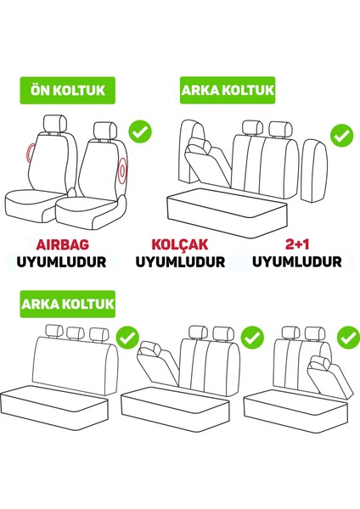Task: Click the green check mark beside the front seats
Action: pos(139,132)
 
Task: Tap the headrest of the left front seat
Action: pos(55,125)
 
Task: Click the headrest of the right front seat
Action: pos(108,130)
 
